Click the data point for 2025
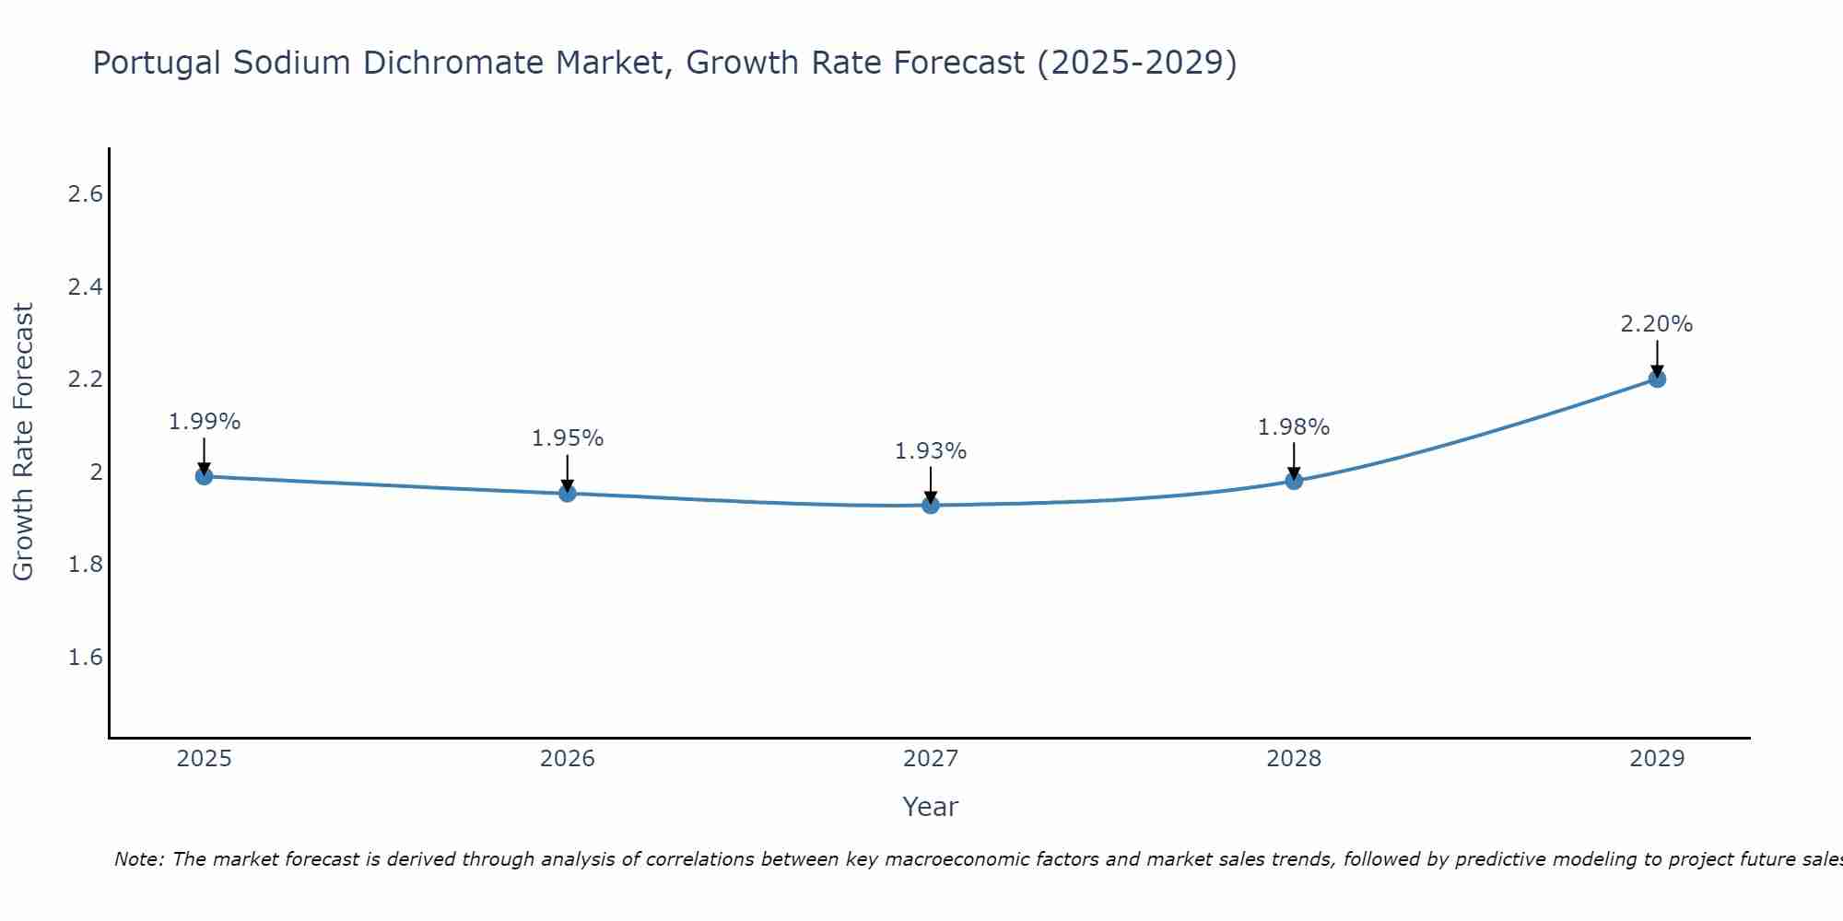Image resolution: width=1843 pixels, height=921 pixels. (x=204, y=476)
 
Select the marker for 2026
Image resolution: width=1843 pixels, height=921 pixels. (x=568, y=494)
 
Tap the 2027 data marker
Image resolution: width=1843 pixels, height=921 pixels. (x=931, y=505)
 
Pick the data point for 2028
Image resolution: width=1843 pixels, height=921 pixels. (x=1294, y=481)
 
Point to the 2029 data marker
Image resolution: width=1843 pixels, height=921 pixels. (x=1657, y=379)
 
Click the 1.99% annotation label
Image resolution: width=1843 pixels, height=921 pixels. (x=204, y=422)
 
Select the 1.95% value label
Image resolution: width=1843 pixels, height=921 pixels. (x=568, y=438)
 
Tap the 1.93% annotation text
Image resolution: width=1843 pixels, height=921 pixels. (x=931, y=451)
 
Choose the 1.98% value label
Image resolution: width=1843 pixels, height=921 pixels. (x=1294, y=427)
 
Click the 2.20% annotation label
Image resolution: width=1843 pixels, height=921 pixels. (x=1657, y=324)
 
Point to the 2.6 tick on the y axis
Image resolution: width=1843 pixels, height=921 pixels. (x=85, y=194)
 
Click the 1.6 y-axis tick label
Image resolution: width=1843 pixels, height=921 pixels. (x=85, y=657)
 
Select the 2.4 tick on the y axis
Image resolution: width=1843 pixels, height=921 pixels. (x=85, y=286)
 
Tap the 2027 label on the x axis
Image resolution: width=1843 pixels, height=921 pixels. (x=931, y=759)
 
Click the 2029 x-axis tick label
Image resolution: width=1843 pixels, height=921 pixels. (x=1657, y=759)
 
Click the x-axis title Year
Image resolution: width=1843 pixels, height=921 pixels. (x=931, y=807)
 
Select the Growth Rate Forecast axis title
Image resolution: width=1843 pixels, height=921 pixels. (x=23, y=442)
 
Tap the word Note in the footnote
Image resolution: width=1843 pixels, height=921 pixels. (x=138, y=859)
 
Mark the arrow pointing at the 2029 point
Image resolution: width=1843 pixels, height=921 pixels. (x=1657, y=357)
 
